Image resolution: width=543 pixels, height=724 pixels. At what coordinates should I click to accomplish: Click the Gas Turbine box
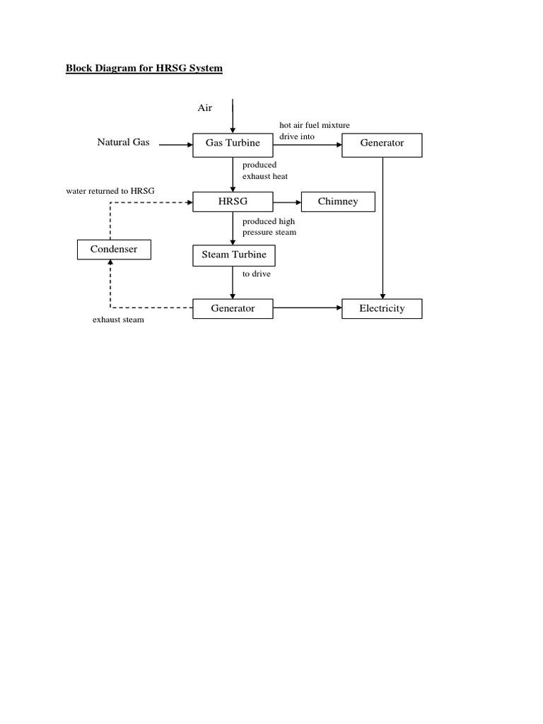233,144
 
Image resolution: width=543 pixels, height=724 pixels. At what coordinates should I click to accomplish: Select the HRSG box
233,202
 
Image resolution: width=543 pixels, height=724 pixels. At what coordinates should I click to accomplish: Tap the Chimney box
338,202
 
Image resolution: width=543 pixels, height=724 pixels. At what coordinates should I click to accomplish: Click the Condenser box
113,249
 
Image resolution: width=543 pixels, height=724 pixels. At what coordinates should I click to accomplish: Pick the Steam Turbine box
233,255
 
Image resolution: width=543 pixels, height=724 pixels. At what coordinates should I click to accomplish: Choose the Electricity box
382,308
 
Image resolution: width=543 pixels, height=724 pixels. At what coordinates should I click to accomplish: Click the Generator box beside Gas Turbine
382,144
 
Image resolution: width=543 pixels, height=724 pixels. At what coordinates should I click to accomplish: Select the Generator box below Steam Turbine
233,308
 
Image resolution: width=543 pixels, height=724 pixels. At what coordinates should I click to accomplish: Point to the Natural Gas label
123,143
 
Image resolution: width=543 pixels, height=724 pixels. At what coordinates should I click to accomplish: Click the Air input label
204,108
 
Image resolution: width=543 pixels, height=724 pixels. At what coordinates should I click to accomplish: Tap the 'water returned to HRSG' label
110,191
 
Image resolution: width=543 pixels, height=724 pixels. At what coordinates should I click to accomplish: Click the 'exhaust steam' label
118,320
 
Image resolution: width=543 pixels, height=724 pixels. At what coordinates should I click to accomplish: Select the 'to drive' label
256,274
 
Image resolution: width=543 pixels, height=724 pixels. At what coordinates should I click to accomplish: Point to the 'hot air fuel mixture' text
315,125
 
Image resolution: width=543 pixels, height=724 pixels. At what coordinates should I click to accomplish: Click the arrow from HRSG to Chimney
287,202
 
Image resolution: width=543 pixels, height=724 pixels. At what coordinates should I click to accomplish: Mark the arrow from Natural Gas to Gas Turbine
176,144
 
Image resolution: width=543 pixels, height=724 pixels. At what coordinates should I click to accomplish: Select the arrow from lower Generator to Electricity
308,308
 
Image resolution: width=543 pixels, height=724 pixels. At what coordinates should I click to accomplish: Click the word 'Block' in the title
79,69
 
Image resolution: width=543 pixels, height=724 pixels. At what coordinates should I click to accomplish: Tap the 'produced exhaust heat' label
264,170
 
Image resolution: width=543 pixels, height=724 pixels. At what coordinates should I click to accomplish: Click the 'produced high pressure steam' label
269,227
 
